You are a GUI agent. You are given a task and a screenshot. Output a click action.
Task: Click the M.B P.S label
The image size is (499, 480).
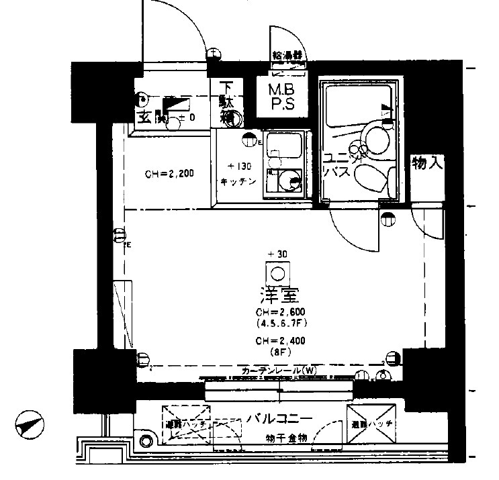click(281, 97)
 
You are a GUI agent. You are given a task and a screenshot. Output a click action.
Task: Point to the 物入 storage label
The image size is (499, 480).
click(428, 163)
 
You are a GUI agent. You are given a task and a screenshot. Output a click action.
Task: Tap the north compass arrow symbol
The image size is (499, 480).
click(30, 424)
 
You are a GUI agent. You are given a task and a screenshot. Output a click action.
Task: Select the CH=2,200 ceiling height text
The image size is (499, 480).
click(169, 174)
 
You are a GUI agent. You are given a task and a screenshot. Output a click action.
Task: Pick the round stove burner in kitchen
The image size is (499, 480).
click(290, 179)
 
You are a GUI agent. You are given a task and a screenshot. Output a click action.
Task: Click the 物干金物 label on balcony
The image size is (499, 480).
click(284, 438)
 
